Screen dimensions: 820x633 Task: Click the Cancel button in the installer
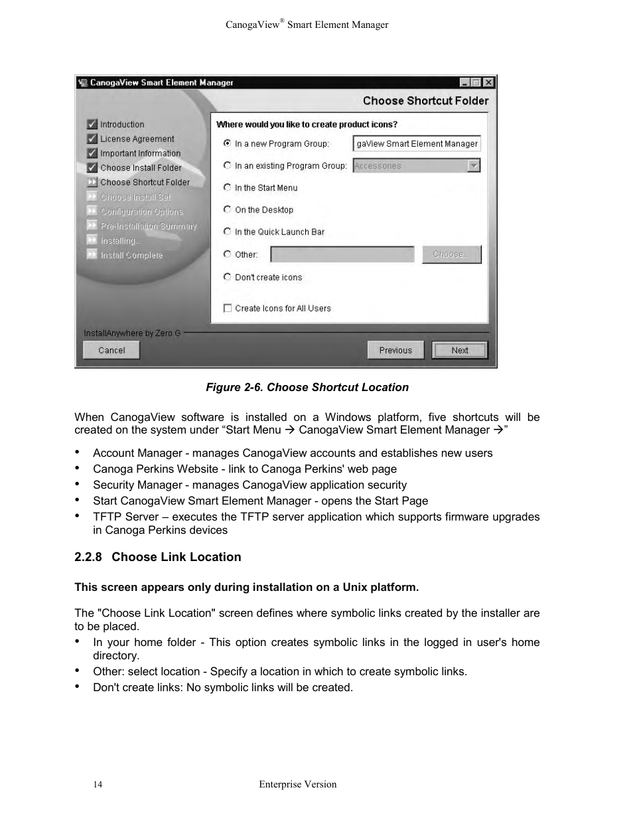pos(111,350)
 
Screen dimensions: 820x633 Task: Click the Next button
pos(460,350)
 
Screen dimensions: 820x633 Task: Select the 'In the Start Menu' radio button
pos(228,188)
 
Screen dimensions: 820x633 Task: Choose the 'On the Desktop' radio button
pos(228,210)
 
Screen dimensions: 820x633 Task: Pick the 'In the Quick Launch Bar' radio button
pos(228,232)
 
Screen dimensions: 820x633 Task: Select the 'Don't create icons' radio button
pos(228,277)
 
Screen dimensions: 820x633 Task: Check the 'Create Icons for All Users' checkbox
pos(228,308)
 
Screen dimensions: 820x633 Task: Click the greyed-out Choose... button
pos(451,254)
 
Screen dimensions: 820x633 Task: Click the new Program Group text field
pos(416,143)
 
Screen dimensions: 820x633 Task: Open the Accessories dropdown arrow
pos(473,166)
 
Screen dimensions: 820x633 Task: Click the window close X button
pos(488,82)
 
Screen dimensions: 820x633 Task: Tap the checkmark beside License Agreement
pos(92,139)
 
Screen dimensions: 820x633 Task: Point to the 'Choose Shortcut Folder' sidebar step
pos(145,183)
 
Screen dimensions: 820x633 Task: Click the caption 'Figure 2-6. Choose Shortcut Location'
pos(307,387)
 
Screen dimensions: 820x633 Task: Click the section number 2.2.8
pos(88,557)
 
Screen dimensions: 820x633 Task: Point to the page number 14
pos(98,785)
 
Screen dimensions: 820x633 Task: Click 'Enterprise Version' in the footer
pos(297,784)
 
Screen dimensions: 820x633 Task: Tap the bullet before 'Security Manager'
pos(78,485)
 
